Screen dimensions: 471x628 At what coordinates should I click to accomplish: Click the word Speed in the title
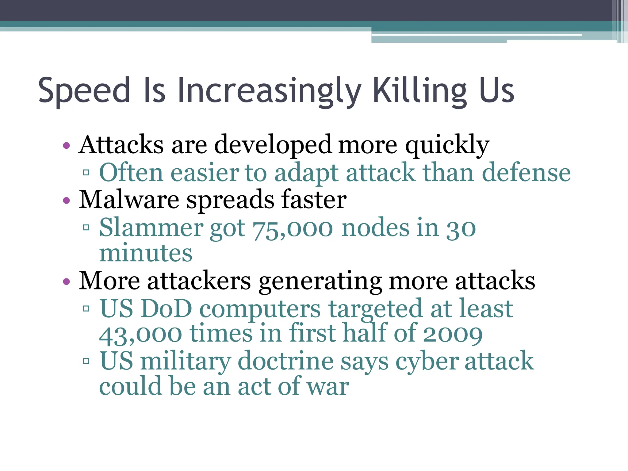click(84, 90)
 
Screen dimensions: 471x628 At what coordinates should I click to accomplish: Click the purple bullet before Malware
click(66, 201)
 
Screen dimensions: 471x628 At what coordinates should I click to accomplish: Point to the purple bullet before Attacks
click(66, 145)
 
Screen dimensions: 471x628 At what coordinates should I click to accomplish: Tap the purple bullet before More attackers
click(66, 281)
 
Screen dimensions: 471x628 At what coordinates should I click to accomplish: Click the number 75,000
click(293, 229)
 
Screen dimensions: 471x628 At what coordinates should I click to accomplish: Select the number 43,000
click(140, 334)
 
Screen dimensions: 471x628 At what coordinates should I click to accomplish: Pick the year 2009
click(453, 334)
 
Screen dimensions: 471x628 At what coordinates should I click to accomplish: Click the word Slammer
click(151, 228)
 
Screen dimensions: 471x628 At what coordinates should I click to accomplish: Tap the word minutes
click(146, 254)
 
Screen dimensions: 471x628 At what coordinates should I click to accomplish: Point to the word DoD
click(167, 309)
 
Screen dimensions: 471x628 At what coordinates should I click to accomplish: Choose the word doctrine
click(285, 361)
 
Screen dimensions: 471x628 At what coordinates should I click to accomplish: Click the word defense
click(526, 173)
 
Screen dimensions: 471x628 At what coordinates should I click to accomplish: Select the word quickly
click(447, 145)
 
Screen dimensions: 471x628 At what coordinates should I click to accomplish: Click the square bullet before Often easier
click(86, 173)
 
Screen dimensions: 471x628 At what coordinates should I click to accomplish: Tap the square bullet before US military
click(86, 361)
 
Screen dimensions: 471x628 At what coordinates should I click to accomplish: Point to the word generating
click(320, 281)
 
